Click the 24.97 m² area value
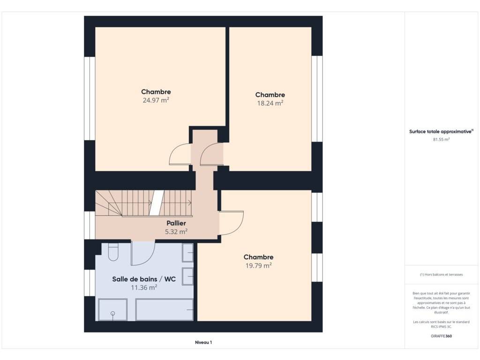156,100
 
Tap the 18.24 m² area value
270,103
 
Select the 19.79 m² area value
259,265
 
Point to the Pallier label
176,223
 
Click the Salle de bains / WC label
144,279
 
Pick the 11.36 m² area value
144,287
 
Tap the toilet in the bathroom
113,252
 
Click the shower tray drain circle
112,314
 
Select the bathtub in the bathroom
165,310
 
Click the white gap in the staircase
157,202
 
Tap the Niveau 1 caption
203,342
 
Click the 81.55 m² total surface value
441,139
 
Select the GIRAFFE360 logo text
441,336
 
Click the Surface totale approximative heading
441,131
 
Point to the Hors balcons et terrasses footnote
441,275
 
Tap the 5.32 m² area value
176,232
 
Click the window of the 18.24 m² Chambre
317,98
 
